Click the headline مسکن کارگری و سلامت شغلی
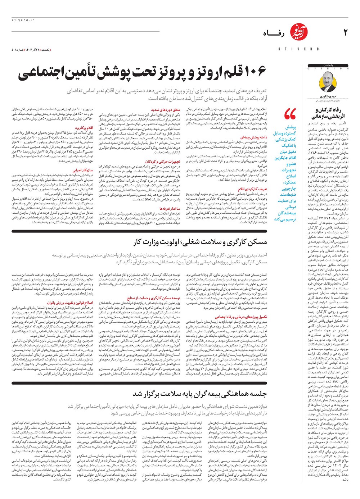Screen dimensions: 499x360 tap(200, 242)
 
